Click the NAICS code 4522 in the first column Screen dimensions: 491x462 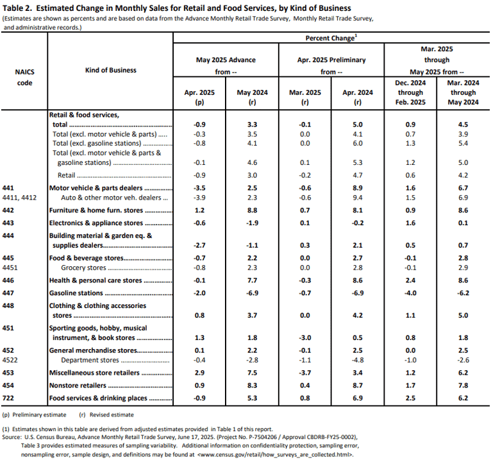[x=10, y=360]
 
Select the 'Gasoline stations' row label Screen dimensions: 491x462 [x=76, y=293]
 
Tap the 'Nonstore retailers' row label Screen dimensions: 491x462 [x=78, y=385]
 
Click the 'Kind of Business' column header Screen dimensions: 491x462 [x=110, y=70]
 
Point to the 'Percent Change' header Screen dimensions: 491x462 [x=331, y=38]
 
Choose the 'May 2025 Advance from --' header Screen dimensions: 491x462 [x=226, y=66]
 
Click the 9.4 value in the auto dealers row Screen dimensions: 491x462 [x=358, y=198]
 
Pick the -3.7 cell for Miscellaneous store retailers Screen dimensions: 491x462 [x=304, y=373]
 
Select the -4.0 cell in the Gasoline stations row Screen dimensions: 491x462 [x=410, y=293]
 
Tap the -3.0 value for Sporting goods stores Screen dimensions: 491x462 [x=304, y=338]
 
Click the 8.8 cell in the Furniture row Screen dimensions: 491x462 [x=252, y=210]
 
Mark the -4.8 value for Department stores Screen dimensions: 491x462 [x=358, y=360]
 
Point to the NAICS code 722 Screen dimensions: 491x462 [x=8, y=398]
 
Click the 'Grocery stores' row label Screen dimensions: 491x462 [x=83, y=268]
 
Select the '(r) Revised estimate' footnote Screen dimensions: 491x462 [x=106, y=415]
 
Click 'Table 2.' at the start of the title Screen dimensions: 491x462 [x=17, y=8]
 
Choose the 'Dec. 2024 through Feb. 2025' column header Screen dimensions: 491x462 [x=410, y=92]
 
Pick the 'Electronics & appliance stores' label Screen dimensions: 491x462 [x=96, y=223]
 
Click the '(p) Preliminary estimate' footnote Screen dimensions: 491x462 [x=34, y=415]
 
